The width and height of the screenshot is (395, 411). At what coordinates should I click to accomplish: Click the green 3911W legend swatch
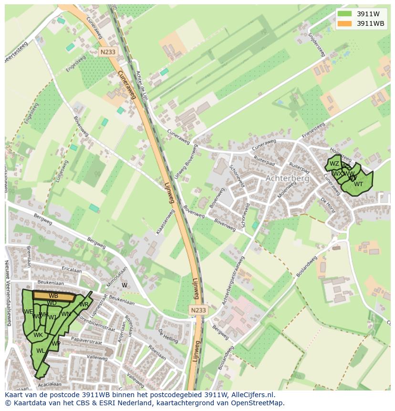click(x=344, y=14)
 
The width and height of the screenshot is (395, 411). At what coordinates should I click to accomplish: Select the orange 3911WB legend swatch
click(x=344, y=23)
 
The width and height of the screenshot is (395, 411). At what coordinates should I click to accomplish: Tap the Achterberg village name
click(x=287, y=178)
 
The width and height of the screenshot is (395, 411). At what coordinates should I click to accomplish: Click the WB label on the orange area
click(x=53, y=296)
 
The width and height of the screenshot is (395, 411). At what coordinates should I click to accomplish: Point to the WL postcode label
click(x=41, y=351)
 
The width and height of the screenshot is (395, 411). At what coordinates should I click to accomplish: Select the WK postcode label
click(x=38, y=335)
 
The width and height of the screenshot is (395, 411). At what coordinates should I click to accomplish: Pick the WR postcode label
click(x=84, y=305)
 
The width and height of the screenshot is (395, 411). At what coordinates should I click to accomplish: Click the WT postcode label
click(x=358, y=184)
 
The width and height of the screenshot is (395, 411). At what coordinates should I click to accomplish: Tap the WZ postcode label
click(x=334, y=164)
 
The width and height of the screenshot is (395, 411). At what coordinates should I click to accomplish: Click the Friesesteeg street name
click(x=313, y=131)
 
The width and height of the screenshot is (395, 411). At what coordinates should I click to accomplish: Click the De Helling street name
click(x=168, y=336)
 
